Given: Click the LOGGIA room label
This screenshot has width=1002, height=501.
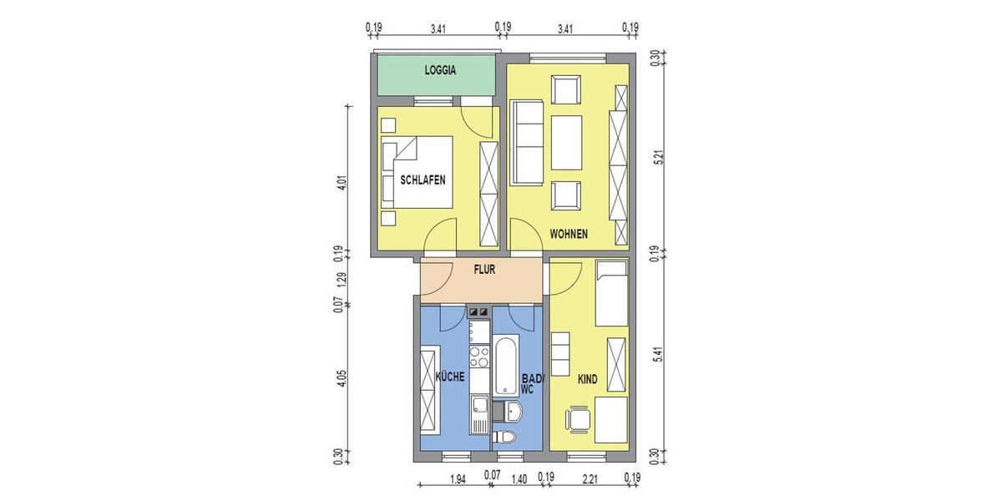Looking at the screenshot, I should (440, 71).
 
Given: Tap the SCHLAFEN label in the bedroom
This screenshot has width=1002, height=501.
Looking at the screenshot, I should (423, 180).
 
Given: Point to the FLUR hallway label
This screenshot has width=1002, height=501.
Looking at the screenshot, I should (485, 271).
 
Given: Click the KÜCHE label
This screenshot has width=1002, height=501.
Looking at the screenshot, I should (450, 377).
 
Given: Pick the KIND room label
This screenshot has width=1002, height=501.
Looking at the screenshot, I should (588, 380).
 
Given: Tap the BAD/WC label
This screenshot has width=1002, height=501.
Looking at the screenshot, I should (531, 383).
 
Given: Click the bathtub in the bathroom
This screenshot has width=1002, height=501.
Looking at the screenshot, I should (505, 367).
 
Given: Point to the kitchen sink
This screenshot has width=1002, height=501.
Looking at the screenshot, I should (479, 407).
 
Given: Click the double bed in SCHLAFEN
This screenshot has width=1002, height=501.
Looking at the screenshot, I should (417, 172).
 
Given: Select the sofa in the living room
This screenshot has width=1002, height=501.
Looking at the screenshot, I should (528, 143).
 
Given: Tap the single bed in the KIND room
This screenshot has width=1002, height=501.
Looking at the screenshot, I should (611, 292).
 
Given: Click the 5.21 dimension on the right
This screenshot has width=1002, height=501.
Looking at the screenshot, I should (660, 159).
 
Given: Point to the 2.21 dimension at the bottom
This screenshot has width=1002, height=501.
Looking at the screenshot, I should (590, 479).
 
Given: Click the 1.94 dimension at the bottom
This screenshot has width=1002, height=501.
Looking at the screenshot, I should (457, 479).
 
